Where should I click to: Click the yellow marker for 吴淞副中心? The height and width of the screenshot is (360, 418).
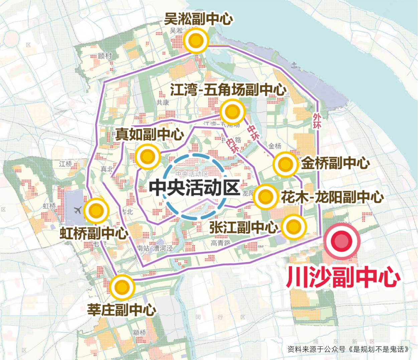(x=196, y=41)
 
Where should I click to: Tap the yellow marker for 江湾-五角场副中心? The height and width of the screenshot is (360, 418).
(x=233, y=112)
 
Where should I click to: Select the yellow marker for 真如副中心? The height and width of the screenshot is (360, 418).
(x=147, y=156)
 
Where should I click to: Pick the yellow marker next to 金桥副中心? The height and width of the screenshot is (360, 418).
(x=285, y=164)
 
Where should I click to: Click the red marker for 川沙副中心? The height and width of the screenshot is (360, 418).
(x=341, y=241)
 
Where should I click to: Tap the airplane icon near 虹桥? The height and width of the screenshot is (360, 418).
(x=78, y=210)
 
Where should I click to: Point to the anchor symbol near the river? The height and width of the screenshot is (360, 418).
(x=294, y=65)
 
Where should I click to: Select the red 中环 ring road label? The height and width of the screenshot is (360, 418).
(x=253, y=133)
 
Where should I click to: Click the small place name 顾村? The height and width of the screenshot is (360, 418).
(x=105, y=56)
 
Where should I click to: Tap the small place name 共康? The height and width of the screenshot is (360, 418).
(x=163, y=103)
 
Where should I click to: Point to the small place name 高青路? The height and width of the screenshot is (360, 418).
(x=221, y=243)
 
